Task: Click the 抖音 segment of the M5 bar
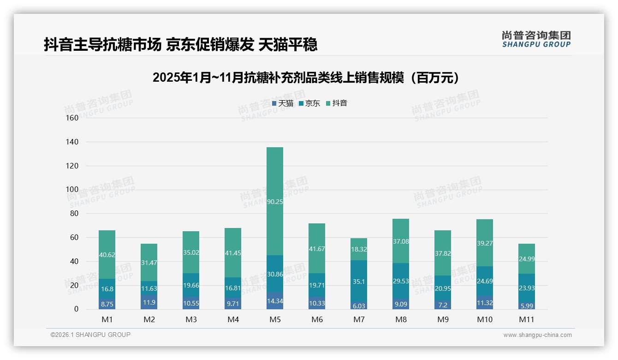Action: pyautogui.click(x=275, y=201)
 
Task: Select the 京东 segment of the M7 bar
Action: pyautogui.click(x=359, y=281)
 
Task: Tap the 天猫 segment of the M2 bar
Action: pyautogui.click(x=149, y=302)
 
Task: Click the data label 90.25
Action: pyautogui.click(x=275, y=201)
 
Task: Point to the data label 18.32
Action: pyautogui.click(x=359, y=249)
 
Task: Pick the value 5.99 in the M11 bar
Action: pyautogui.click(x=526, y=306)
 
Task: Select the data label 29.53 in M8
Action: pyautogui.click(x=401, y=281)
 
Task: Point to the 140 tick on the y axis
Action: pyautogui.click(x=72, y=142)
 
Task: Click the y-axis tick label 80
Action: pyautogui.click(x=74, y=213)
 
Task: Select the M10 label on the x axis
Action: pyautogui.click(x=484, y=319)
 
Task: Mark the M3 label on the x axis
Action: pyautogui.click(x=191, y=319)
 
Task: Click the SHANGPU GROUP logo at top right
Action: pyautogui.click(x=536, y=39)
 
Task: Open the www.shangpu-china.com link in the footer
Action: pyautogui.click(x=537, y=335)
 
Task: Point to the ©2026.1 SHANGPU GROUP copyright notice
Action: pyautogui.click(x=90, y=335)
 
